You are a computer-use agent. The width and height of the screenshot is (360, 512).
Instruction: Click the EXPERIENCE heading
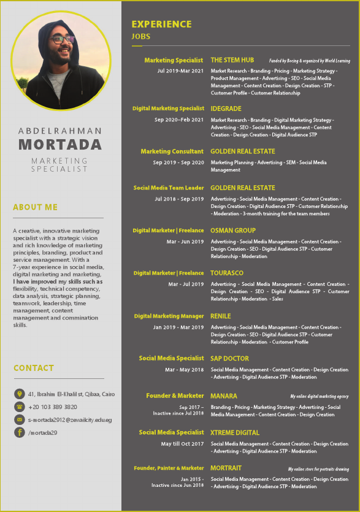point(161,25)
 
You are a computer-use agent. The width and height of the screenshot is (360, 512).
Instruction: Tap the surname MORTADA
point(60,145)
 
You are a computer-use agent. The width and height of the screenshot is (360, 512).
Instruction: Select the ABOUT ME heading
point(36,207)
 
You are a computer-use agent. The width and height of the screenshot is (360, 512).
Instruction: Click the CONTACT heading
point(34,368)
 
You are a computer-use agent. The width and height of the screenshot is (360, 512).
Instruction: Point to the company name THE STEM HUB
point(232,60)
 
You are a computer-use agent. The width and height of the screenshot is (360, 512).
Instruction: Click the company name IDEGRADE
point(226,109)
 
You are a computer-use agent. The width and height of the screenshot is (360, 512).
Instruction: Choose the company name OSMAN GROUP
point(233,231)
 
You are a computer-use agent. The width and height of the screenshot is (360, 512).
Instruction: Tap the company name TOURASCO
point(227,273)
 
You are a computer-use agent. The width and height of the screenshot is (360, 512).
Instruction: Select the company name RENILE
point(221,316)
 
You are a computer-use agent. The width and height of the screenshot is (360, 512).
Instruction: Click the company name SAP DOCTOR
point(229,358)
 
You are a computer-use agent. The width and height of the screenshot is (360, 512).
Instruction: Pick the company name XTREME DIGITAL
point(235,432)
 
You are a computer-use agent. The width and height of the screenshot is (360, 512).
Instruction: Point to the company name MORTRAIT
point(226,468)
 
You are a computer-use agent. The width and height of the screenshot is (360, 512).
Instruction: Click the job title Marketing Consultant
point(172,151)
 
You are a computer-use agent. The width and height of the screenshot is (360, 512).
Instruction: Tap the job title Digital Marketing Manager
point(169,316)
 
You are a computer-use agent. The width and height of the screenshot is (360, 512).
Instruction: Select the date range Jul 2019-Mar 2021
point(180,71)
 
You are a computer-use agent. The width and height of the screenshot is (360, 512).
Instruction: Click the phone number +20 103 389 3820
point(53,407)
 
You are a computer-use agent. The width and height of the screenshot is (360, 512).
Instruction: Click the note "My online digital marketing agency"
point(320,397)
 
